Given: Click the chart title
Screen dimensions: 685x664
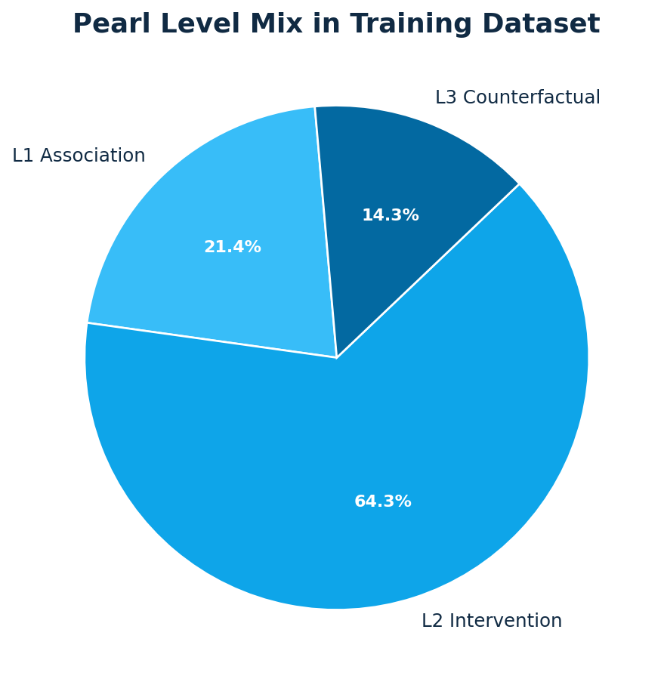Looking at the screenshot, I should pyautogui.click(x=336, y=25).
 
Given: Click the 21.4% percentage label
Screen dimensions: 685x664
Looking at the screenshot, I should pyautogui.click(x=233, y=248).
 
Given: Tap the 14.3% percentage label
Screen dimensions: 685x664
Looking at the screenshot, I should pyautogui.click(x=391, y=216).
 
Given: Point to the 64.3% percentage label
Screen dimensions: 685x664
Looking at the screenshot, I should pyautogui.click(x=383, y=502).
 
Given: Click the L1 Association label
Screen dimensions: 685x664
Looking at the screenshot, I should pyautogui.click(x=79, y=156).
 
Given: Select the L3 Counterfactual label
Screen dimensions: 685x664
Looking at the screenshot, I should pyautogui.click(x=517, y=98).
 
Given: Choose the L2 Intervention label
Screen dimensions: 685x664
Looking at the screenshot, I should pyautogui.click(x=492, y=622).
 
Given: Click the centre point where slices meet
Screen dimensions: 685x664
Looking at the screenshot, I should pyautogui.click(x=337, y=357).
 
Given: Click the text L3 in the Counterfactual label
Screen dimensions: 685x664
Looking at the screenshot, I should pyautogui.click(x=446, y=98).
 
